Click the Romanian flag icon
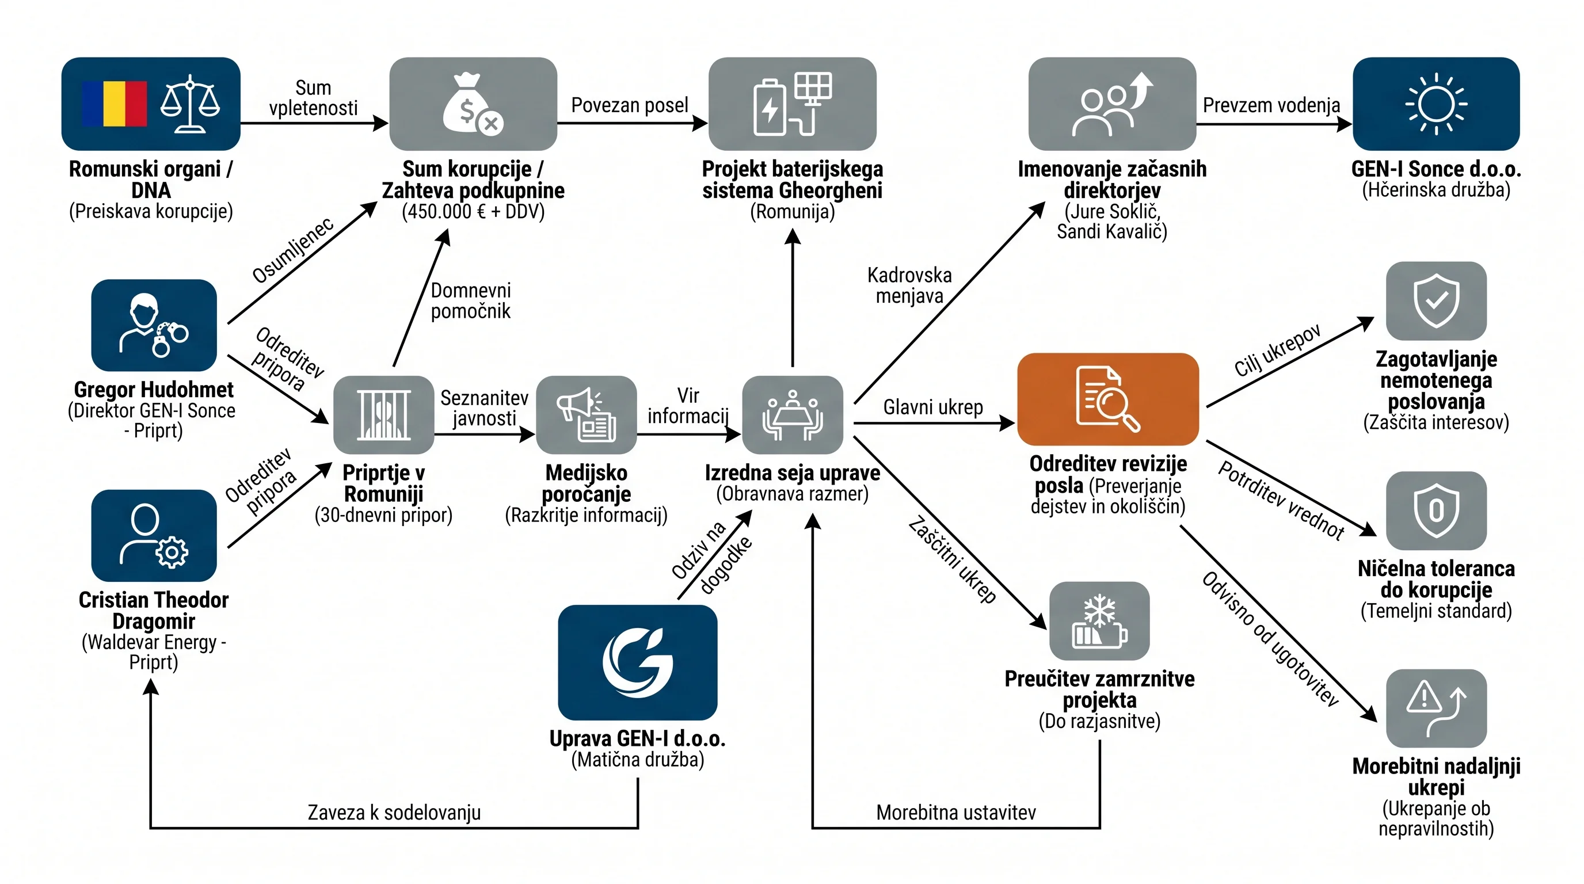tap(115, 103)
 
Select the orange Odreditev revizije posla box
tap(1108, 399)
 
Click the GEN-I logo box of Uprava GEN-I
tap(638, 662)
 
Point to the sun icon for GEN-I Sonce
tap(1437, 103)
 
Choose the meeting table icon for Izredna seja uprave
tap(793, 415)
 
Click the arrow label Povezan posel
tap(630, 105)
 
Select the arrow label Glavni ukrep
tap(933, 407)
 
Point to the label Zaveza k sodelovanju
tap(394, 813)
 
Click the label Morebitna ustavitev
tap(956, 813)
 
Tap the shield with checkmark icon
tap(1437, 300)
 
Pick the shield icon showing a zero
tap(1437, 510)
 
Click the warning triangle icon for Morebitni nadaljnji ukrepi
tap(1437, 709)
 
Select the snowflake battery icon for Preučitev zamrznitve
tap(1099, 621)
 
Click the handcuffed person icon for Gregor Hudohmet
tap(154, 325)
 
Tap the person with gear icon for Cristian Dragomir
tap(154, 535)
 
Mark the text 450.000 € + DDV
tap(474, 211)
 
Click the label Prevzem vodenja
tap(1271, 105)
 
